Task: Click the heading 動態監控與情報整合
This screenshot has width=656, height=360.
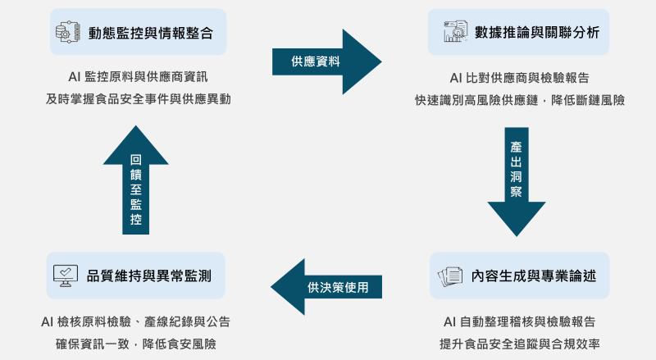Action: point(151,33)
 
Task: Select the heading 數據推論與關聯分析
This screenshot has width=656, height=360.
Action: point(537,33)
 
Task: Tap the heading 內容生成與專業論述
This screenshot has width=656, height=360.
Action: point(534,276)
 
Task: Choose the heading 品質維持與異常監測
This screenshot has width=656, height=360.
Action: point(149,276)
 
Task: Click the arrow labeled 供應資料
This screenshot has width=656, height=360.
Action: point(326,62)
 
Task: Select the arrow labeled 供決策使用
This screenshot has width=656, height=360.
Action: point(328,287)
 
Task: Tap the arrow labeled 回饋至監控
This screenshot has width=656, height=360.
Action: point(136,183)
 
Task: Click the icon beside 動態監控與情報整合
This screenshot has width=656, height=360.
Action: point(66,33)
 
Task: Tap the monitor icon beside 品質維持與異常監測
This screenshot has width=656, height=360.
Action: point(66,276)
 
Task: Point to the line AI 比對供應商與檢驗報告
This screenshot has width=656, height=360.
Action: point(519,78)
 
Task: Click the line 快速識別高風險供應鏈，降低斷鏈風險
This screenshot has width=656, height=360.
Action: point(519,100)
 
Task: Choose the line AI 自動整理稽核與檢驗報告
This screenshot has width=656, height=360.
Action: point(519,321)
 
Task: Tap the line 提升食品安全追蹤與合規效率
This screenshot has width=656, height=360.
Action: point(519,343)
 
